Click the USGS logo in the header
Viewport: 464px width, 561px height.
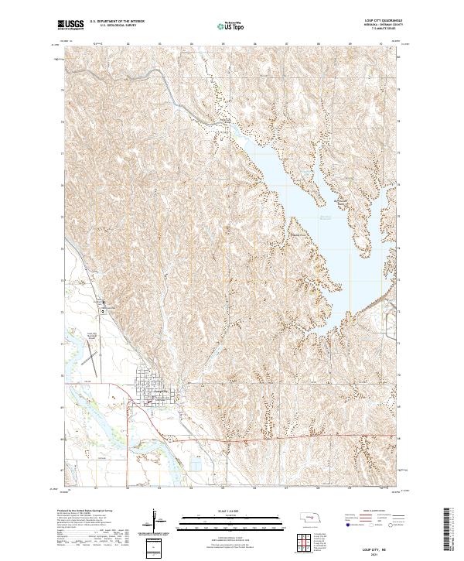click(x=70, y=25)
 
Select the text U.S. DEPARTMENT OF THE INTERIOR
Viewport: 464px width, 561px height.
click(x=117, y=21)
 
